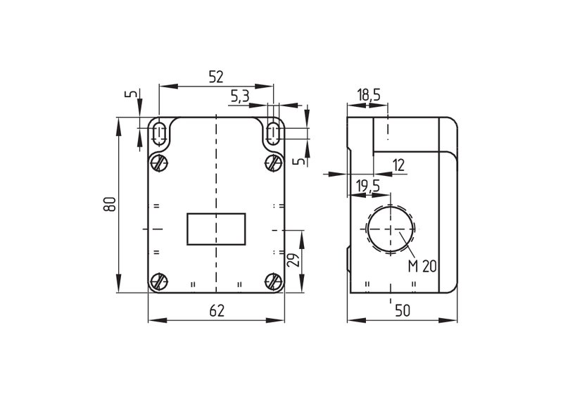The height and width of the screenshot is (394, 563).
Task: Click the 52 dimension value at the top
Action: pyautogui.click(x=216, y=77)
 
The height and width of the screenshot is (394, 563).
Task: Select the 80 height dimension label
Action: pyautogui.click(x=110, y=204)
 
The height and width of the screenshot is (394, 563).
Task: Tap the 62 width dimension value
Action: pyautogui.click(x=217, y=310)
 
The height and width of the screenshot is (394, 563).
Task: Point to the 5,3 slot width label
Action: pyautogui.click(x=239, y=96)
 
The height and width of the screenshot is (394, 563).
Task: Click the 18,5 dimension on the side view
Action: pyautogui.click(x=368, y=95)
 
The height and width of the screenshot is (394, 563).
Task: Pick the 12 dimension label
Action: pyautogui.click(x=398, y=165)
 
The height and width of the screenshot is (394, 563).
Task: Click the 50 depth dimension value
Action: pyautogui.click(x=402, y=310)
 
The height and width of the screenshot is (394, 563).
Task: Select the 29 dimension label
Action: pyautogui.click(x=293, y=260)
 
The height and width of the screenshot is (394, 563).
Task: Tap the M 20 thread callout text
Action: pyautogui.click(x=422, y=266)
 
